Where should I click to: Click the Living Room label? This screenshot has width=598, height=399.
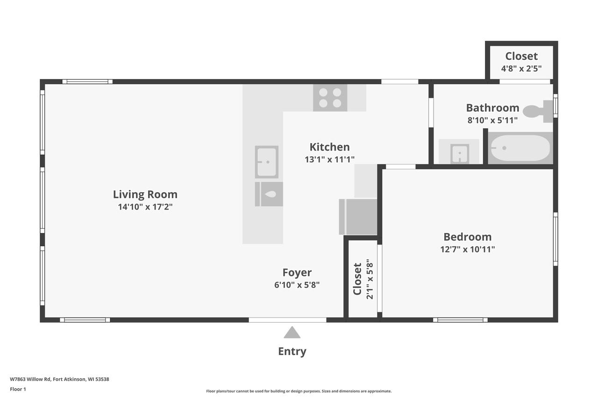point(145,194)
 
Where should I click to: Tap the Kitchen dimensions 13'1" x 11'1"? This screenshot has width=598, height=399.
point(330,160)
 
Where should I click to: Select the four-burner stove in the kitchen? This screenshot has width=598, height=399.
point(330,98)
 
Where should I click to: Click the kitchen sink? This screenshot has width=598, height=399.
point(267,162)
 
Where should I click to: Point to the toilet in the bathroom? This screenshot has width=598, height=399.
point(538,111)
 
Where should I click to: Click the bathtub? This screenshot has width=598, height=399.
point(520,148)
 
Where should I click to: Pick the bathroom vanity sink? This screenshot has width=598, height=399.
point(460,154)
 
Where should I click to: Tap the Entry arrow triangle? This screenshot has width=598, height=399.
point(292,332)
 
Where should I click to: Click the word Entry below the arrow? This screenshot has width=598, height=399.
point(292,351)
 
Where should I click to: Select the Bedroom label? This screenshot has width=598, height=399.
point(468,237)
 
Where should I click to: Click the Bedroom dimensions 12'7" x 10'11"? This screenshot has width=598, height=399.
point(468,249)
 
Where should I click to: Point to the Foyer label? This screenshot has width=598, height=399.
point(297,272)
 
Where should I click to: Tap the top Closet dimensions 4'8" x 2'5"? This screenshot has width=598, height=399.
point(521,69)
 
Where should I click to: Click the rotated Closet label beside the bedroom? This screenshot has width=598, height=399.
point(357,279)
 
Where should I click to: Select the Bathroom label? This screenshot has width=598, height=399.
point(493,108)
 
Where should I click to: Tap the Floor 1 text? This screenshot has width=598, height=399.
point(18,389)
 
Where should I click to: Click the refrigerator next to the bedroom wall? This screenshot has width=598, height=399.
point(358,217)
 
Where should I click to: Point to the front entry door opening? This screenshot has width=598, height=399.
point(287,320)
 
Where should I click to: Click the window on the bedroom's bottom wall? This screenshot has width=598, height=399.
point(460,320)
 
